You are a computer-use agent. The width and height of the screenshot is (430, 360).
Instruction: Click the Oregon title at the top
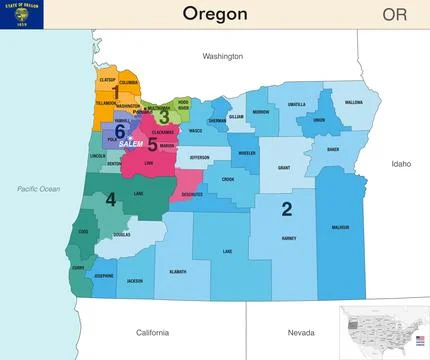click(215, 13)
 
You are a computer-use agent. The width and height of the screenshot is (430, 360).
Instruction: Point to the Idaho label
click(401, 163)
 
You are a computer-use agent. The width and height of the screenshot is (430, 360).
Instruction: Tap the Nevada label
click(300, 332)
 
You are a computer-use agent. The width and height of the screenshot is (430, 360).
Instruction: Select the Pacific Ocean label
click(39, 188)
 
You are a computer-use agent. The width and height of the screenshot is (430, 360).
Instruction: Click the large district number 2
click(287, 208)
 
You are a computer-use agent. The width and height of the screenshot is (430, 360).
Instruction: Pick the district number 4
click(110, 200)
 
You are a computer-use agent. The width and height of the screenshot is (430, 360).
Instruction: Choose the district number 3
click(164, 116)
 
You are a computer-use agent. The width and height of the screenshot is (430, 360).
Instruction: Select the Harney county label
click(289, 239)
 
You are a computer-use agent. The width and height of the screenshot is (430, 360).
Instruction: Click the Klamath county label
click(177, 272)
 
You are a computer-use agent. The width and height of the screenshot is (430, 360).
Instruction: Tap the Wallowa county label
click(354, 102)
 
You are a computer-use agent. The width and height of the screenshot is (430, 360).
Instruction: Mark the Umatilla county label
click(297, 104)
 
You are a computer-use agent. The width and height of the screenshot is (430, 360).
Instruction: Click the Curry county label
click(79, 267)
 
